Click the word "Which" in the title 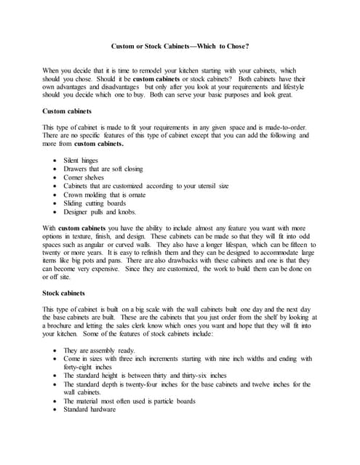[206, 46]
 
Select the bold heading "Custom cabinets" [68, 111]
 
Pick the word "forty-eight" [81, 367]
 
